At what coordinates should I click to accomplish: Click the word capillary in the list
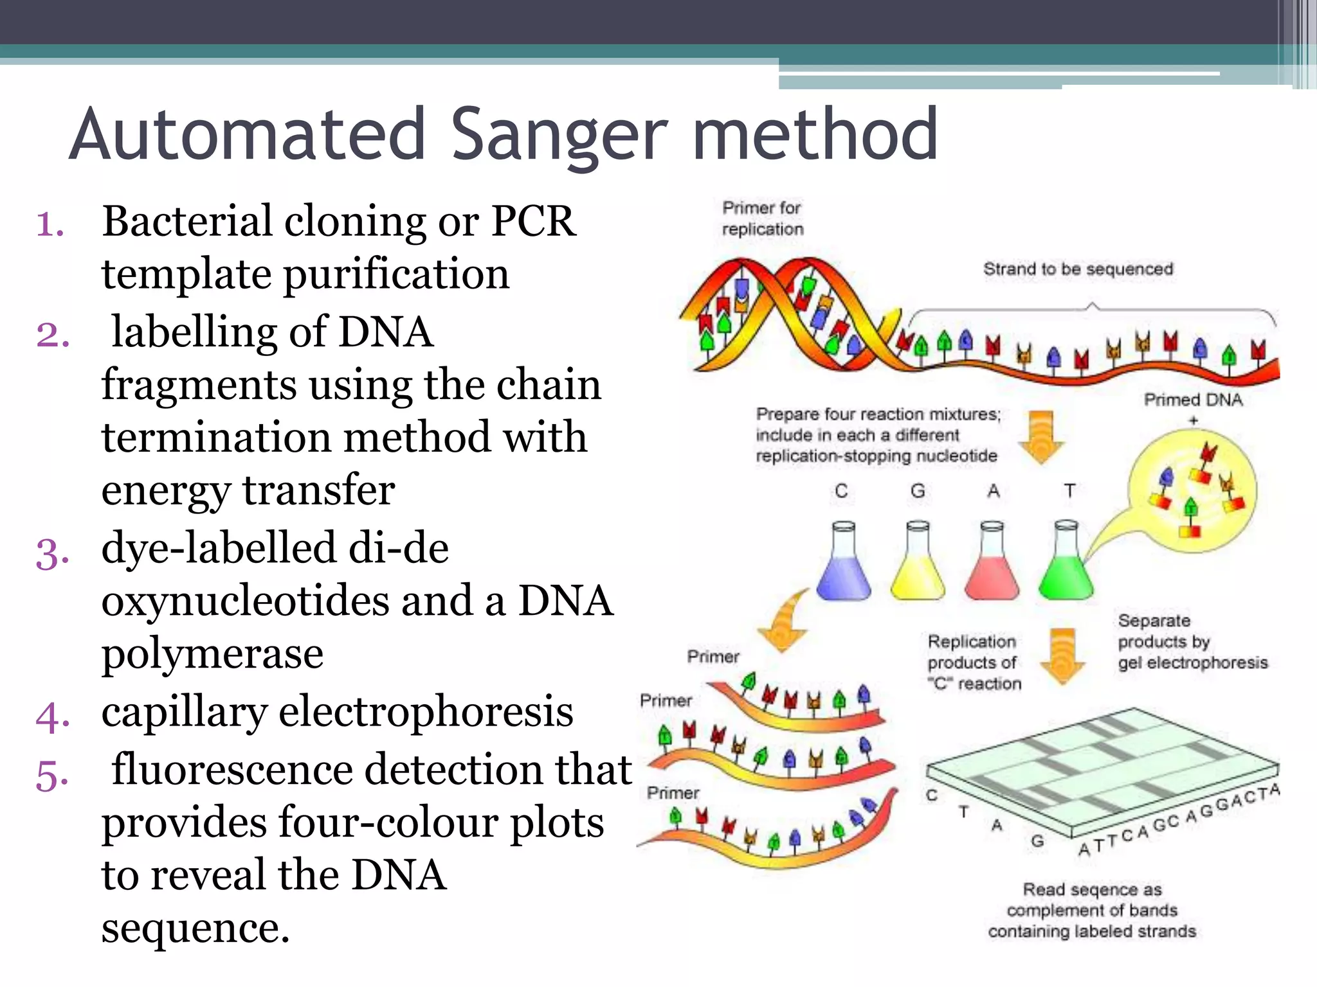pyautogui.click(x=184, y=712)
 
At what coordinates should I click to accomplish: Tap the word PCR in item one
pyautogui.click(x=533, y=222)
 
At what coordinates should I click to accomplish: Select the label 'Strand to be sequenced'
pyautogui.click(x=1078, y=269)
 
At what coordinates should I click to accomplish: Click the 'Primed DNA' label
pyautogui.click(x=1193, y=400)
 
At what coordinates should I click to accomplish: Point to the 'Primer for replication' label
pyautogui.click(x=763, y=218)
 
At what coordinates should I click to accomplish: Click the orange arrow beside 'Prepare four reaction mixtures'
pyautogui.click(x=1041, y=437)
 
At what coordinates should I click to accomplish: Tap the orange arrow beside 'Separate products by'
pyautogui.click(x=1063, y=655)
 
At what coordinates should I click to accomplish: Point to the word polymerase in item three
pyautogui.click(x=212, y=654)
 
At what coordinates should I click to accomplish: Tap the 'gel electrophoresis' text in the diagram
pyautogui.click(x=1193, y=662)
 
